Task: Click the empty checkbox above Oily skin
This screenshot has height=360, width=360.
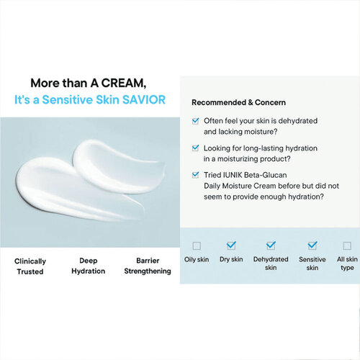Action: coord(197,246)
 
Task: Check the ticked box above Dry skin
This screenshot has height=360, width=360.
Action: coord(231,246)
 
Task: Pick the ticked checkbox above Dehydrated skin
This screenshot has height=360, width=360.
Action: coord(271,246)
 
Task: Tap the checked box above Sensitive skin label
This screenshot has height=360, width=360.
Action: coord(312,246)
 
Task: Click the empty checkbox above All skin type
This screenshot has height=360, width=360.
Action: coord(346,246)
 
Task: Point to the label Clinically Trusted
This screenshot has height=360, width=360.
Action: coord(30,266)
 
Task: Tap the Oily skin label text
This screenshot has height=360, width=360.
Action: coord(197,259)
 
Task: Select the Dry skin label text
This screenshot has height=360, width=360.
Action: coord(231,259)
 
